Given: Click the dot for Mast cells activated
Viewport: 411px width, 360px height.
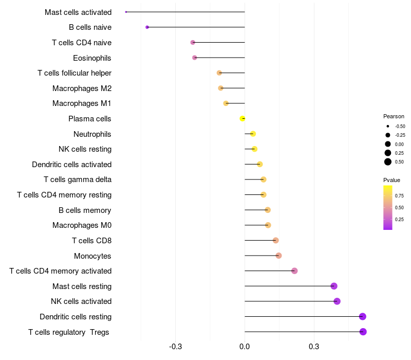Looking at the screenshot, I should (126, 12).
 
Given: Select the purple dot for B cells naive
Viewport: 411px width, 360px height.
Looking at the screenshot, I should (147, 27).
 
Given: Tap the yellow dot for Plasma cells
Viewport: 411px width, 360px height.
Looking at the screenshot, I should (242, 119).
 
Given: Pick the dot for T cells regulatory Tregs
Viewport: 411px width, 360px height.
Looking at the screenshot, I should (363, 332).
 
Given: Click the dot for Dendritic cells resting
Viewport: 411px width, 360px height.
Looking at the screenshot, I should (363, 316).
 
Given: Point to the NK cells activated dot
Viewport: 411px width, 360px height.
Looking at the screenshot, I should (337, 301).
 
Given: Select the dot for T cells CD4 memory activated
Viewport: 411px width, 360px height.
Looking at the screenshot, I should (294, 271).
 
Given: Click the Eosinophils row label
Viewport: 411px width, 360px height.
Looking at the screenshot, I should (92, 58).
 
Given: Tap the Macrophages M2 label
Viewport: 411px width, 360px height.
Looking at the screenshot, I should (82, 88).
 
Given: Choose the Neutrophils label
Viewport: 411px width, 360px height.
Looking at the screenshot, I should (92, 134).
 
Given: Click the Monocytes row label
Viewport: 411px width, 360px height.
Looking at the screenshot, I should (92, 256).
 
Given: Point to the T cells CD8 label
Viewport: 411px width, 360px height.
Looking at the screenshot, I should (91, 240).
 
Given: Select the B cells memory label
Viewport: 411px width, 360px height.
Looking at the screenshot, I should (85, 210).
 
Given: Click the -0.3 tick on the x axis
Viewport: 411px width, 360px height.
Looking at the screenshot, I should (175, 347).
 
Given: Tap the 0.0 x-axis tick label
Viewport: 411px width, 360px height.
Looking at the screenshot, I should (245, 347).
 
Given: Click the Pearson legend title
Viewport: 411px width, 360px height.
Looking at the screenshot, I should (394, 116).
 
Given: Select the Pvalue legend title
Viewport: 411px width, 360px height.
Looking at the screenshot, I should (391, 180).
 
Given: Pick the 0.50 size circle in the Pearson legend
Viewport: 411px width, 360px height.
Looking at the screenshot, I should (388, 162).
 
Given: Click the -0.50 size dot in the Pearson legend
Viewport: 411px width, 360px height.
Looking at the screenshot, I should (388, 126).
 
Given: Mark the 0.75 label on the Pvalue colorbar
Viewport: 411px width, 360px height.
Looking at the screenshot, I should (399, 196).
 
